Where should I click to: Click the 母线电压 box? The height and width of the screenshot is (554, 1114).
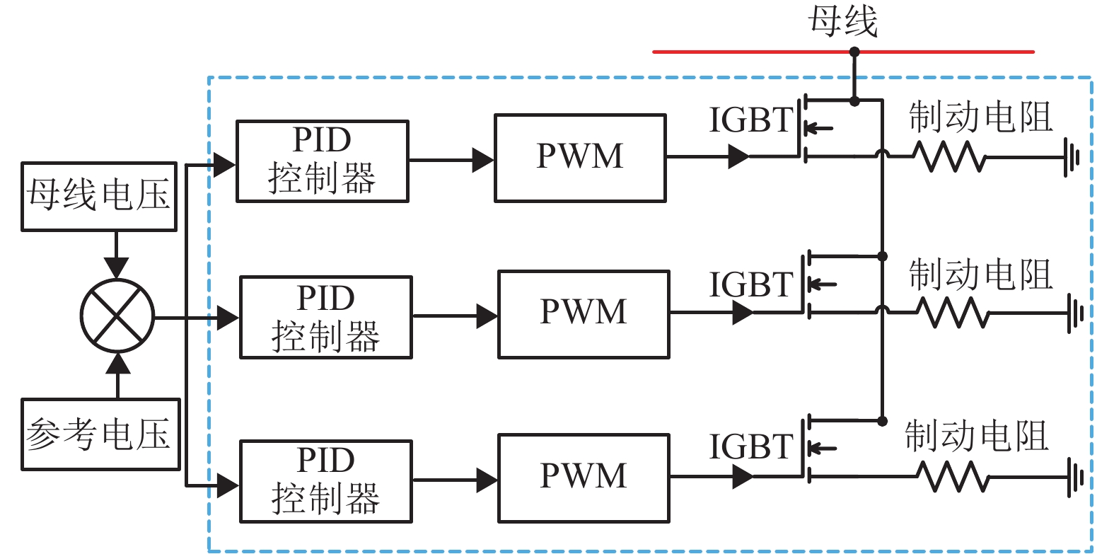pos(99,196)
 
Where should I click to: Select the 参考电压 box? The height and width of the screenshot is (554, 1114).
pos(100,434)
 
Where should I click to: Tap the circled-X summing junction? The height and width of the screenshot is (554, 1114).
pos(117,316)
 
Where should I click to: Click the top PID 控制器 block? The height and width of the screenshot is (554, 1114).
pos(322,161)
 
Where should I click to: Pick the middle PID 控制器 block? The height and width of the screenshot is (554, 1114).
pos(325,318)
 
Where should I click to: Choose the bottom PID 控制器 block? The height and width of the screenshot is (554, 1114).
pos(325,481)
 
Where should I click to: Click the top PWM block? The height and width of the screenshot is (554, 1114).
pos(580,158)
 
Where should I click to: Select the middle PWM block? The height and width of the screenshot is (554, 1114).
pos(584,314)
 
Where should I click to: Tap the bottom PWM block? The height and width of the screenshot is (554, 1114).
pos(584,478)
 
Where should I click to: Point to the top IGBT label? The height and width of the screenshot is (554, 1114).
pos(751,120)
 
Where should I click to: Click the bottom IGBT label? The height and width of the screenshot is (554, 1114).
pos(751,447)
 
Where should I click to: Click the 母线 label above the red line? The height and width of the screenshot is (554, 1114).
pos(843,21)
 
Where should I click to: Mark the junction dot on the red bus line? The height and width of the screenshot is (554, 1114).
pos(854,52)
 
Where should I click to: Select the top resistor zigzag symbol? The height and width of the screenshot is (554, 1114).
pos(948,156)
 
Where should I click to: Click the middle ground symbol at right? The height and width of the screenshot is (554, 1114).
pos(1075,312)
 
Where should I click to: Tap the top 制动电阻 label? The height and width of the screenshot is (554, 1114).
pos(980,117)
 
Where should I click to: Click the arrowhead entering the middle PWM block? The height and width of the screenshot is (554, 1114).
pos(487,316)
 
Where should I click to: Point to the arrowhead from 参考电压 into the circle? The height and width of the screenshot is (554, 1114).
pos(117,364)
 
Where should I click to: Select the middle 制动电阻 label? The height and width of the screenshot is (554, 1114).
pos(980,275)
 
